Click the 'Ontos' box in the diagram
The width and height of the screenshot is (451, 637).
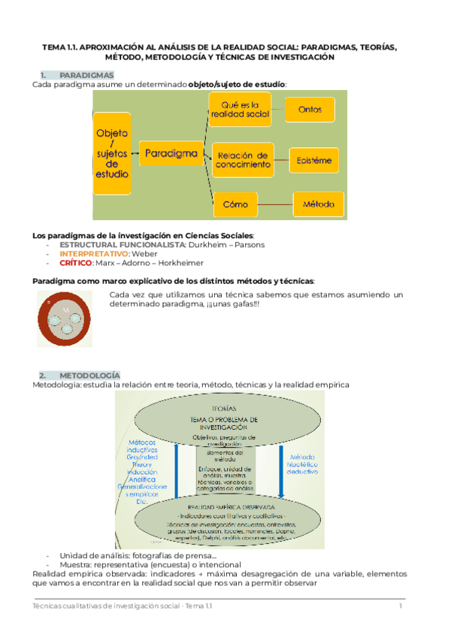pos(310,110)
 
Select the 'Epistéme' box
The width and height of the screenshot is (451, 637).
pos(315,160)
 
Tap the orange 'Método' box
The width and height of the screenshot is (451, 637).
pos(318,204)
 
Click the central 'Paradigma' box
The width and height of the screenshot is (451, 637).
pos(171,154)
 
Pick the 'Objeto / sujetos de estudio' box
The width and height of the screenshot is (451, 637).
pos(113,153)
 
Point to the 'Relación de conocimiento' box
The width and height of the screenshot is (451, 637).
pos(242,158)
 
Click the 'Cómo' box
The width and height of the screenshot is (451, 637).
pos(235,204)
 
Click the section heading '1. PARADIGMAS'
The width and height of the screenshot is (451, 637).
pos(77,75)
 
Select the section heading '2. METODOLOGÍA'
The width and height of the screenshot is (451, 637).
pos(79,375)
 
